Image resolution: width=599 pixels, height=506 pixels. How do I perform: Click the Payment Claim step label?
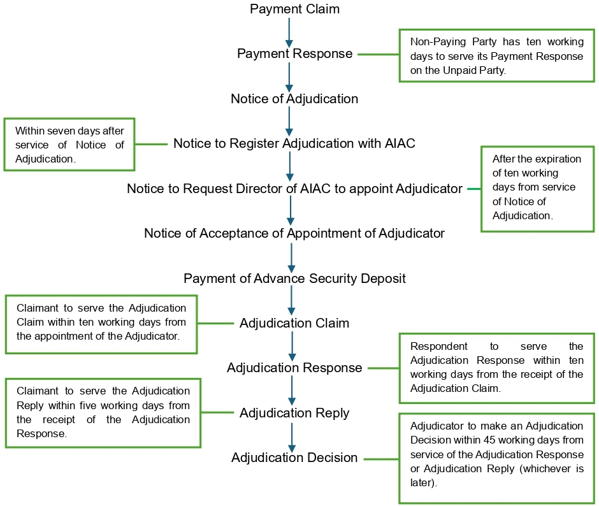[294, 9]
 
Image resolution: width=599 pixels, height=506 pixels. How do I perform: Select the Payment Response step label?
[294, 54]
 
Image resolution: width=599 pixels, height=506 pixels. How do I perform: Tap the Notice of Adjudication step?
[294, 99]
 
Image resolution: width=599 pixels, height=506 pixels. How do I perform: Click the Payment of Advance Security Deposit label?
[294, 278]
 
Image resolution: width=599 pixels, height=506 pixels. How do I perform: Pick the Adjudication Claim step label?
[294, 323]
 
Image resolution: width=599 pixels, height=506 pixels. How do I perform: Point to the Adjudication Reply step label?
[294, 413]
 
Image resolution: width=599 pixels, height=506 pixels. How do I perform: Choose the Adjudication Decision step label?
[294, 458]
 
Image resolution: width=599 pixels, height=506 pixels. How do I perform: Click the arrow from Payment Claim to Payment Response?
[289, 33]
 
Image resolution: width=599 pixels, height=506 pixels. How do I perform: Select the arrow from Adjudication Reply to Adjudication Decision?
[292, 438]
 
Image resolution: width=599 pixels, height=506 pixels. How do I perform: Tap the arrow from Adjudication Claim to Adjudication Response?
[292, 346]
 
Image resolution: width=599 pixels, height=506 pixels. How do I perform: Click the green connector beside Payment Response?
[379, 54]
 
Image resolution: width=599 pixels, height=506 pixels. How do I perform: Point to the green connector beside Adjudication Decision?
[381, 459]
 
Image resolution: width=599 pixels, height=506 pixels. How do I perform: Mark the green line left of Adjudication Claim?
[215, 323]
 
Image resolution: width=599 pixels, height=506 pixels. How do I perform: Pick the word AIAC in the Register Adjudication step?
[400, 143]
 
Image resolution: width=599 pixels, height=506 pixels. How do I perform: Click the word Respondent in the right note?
[438, 346]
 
